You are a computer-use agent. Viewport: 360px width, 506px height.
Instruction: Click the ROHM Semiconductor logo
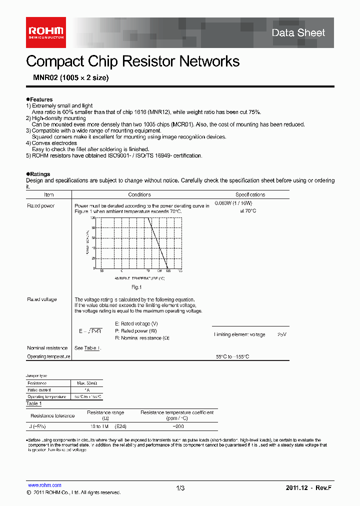(x=46, y=32)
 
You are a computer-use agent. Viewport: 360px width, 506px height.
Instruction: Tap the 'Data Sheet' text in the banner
(x=298, y=33)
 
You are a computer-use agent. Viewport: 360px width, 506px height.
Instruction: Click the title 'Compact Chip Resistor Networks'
(x=132, y=61)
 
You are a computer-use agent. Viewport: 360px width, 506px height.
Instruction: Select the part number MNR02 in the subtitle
(x=42, y=78)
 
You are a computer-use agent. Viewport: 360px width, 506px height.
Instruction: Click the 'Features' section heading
(x=40, y=99)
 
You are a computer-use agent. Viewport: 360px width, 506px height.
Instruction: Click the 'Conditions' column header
(x=139, y=194)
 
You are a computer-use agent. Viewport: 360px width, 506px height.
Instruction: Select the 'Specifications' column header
(x=250, y=194)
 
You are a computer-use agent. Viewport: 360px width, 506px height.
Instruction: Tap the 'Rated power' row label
(x=40, y=206)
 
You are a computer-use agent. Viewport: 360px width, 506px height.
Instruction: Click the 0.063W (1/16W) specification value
(x=233, y=203)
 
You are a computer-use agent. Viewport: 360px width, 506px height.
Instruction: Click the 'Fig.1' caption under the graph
(x=136, y=287)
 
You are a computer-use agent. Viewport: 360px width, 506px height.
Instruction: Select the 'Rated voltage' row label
(x=42, y=299)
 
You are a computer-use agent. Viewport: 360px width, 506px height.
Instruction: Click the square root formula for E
(x=90, y=331)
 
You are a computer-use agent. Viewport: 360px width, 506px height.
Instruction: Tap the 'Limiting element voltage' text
(x=239, y=334)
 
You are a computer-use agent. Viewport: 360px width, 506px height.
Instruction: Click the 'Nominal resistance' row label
(x=47, y=348)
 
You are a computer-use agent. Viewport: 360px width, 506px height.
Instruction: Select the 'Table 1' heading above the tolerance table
(x=33, y=403)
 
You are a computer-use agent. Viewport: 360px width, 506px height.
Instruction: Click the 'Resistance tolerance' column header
(x=52, y=415)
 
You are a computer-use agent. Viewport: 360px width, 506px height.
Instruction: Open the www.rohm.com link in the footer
(x=44, y=485)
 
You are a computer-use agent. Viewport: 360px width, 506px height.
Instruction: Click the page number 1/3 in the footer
(x=180, y=488)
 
